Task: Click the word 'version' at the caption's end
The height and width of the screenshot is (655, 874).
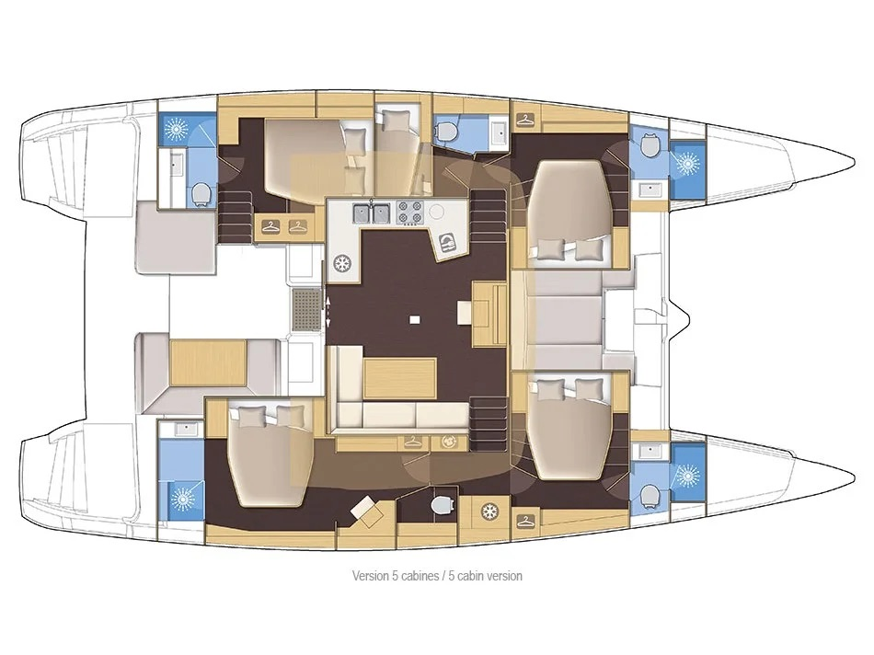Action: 501,576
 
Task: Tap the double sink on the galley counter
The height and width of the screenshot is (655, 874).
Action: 373,213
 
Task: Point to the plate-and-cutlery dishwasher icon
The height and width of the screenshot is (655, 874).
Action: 448,242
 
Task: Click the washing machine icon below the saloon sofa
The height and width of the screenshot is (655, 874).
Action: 449,442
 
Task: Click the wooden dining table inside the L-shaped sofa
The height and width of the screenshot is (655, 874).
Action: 399,378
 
